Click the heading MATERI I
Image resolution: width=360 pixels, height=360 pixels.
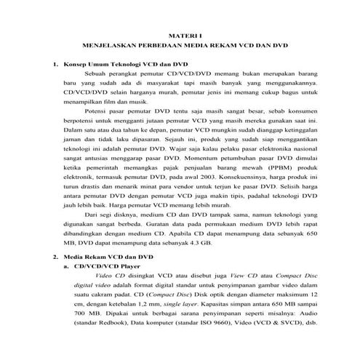point(179,34)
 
